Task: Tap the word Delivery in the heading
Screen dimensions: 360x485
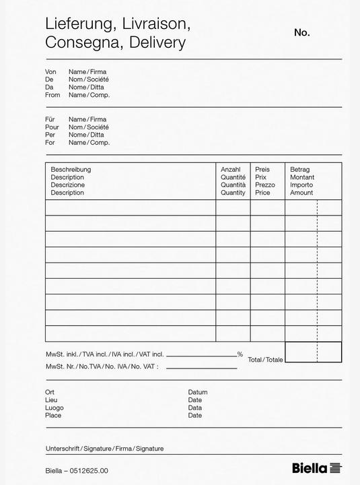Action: [154, 43]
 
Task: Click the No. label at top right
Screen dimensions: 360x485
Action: [301, 32]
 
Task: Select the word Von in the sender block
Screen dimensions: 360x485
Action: [50, 71]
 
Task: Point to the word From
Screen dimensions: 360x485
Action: [52, 95]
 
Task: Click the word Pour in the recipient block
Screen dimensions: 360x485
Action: [52, 127]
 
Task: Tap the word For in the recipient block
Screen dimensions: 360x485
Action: [50, 142]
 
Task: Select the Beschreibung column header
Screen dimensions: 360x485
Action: [71, 169]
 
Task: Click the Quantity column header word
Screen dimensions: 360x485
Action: [233, 193]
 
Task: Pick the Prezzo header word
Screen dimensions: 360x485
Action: [265, 185]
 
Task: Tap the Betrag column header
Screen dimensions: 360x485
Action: [300, 169]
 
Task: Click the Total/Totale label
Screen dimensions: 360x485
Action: [265, 360]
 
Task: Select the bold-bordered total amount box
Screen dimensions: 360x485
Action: [313, 352]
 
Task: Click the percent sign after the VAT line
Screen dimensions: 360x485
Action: [240, 354]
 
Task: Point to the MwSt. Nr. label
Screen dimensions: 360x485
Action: [59, 366]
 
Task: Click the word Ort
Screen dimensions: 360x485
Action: [50, 392]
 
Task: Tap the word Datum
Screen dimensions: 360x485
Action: [198, 392]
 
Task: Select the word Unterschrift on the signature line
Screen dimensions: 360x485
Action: [62, 448]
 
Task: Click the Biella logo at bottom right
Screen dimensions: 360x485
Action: [317, 468]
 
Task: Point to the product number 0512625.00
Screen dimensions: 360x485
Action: [88, 471]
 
